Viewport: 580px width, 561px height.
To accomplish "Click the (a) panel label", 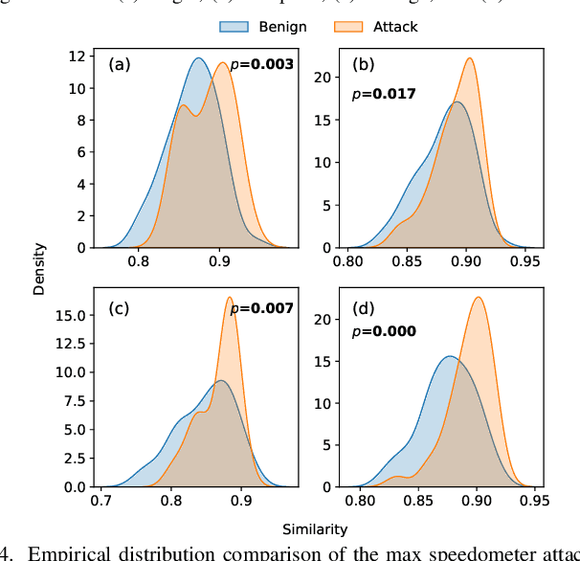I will coord(119,65).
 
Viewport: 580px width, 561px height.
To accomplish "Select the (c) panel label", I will coord(119,308).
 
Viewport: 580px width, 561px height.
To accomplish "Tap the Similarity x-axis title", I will coord(315,527).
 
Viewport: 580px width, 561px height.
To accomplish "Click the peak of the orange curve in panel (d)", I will coord(478,297).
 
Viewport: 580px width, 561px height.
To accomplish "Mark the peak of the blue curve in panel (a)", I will coord(198,58).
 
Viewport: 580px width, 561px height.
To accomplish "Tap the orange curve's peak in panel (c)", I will coord(230,297).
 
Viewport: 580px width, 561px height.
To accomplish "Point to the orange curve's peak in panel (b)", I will coord(470,57).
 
